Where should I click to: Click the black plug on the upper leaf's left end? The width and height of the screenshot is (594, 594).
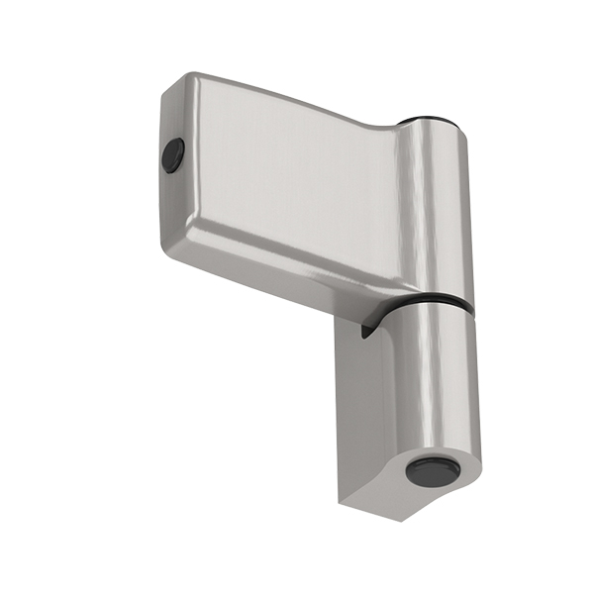(x=173, y=155)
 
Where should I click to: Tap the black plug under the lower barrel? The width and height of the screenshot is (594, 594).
(x=433, y=469)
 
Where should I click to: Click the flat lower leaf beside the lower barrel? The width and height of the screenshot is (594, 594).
(x=366, y=416)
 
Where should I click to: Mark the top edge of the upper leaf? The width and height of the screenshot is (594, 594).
(x=297, y=98)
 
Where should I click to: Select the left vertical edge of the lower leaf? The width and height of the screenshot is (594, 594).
(x=340, y=416)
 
